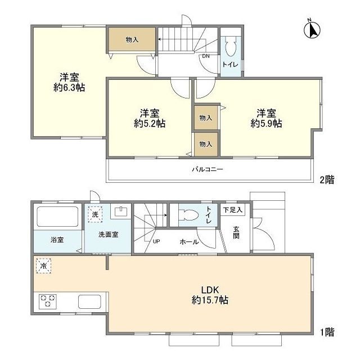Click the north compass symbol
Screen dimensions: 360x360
(311, 29)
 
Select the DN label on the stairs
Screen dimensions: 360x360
(206, 56)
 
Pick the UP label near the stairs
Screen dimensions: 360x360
(156, 241)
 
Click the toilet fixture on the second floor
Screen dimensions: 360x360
(230, 47)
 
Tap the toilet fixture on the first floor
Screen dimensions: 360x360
(188, 215)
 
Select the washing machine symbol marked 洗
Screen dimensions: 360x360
(95, 214)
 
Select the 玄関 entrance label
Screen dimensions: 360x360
(236, 232)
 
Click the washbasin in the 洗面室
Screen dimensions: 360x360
(120, 211)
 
